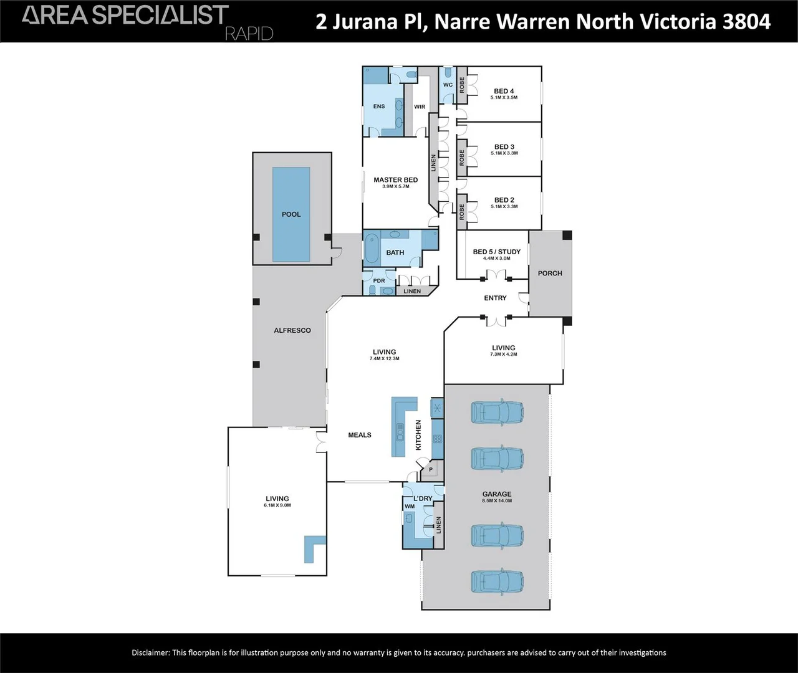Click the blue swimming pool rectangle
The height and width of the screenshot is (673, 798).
(x=291, y=214)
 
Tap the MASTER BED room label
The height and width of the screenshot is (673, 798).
(x=395, y=180)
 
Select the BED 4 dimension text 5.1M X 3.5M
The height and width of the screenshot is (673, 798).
(x=504, y=97)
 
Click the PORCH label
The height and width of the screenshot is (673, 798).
(x=550, y=274)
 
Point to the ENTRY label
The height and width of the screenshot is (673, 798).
(x=495, y=298)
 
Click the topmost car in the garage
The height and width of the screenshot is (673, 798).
(x=497, y=412)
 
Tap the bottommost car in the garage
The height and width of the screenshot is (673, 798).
(x=497, y=581)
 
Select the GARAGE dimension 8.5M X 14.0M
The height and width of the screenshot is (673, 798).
(x=497, y=501)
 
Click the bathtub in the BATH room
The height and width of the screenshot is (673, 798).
(x=371, y=249)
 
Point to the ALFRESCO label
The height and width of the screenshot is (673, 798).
(x=292, y=330)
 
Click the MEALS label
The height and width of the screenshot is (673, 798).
(x=360, y=435)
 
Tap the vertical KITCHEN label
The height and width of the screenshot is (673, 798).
(x=418, y=435)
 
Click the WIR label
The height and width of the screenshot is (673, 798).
(x=420, y=107)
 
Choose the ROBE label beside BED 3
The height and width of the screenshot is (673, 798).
(x=462, y=158)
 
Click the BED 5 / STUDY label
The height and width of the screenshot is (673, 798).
(x=496, y=252)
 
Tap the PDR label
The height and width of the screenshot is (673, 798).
(x=379, y=281)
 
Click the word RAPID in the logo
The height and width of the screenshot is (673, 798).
(x=249, y=34)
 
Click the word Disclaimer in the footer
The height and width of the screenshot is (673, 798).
(x=150, y=653)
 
